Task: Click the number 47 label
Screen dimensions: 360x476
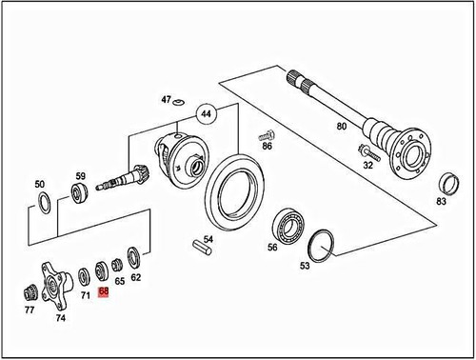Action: click(167, 100)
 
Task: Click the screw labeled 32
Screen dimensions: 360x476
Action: click(366, 150)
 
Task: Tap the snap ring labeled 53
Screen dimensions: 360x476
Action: click(326, 245)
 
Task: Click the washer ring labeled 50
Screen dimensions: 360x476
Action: click(41, 202)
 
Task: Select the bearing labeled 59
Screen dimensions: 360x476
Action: click(80, 196)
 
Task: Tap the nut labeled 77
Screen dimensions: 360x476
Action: click(31, 290)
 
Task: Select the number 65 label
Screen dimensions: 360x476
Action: click(120, 282)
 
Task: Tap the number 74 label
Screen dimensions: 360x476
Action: click(61, 319)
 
